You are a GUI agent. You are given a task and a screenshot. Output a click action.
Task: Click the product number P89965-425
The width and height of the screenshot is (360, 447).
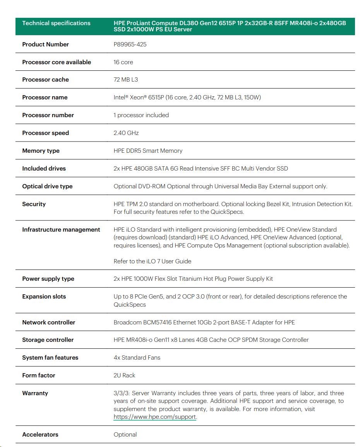130,44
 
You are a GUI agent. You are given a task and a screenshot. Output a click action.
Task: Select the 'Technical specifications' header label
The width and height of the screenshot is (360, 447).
56,23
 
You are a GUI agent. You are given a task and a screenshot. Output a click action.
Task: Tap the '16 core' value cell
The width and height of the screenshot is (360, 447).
123,62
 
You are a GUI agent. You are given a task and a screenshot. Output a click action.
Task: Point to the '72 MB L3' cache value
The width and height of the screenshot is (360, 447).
126,80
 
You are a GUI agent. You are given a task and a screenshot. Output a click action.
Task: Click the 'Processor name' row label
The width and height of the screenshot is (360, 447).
45,97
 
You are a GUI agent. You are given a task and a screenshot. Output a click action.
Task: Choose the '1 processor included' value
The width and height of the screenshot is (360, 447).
141,115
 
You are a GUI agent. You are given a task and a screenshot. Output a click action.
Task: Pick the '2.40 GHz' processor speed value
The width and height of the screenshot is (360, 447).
126,133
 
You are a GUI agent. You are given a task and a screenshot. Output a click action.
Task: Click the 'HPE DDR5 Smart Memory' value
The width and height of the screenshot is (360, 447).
148,151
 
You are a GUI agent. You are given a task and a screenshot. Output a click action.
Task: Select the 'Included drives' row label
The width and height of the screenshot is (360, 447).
44,169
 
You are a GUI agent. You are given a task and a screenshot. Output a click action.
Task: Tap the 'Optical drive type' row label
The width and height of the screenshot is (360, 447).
47,186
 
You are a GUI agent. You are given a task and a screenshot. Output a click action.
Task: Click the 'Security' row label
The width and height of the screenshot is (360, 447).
34,204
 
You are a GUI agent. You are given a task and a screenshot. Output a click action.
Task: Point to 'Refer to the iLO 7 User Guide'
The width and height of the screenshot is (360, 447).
152,261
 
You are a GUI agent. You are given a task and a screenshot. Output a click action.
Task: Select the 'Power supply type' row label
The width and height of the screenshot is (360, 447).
48,279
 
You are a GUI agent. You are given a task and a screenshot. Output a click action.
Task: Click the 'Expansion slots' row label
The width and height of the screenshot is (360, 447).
44,297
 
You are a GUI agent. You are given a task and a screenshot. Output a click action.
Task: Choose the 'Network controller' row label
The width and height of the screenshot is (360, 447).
48,322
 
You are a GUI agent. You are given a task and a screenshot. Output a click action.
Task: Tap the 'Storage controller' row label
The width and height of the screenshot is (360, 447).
48,340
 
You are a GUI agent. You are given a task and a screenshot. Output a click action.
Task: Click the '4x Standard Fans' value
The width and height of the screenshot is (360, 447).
137,358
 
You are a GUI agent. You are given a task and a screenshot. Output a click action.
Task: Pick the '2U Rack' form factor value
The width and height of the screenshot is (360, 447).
124,375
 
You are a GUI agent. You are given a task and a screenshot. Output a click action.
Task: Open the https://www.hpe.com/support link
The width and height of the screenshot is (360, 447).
155,417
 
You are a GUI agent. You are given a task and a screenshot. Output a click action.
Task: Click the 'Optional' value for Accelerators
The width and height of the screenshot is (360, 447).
125,435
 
